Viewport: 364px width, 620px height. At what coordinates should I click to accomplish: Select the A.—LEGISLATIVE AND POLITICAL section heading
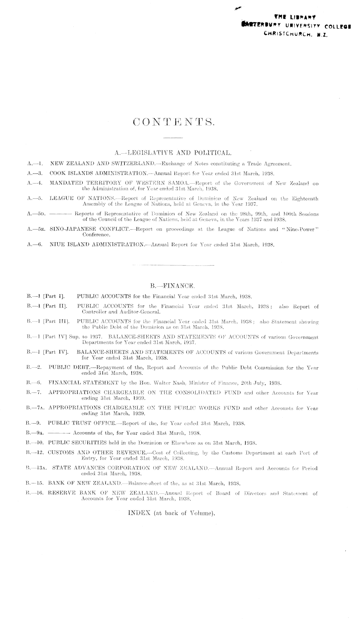click(174, 152)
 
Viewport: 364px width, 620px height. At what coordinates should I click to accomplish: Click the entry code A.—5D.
click(37, 214)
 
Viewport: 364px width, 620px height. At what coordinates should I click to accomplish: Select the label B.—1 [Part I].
click(46, 296)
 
